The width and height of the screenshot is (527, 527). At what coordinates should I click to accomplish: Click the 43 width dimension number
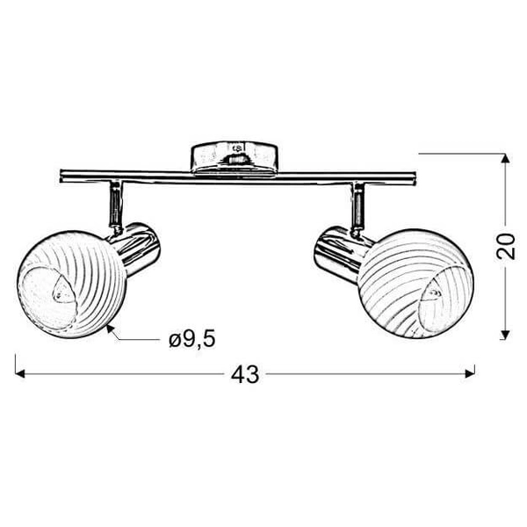[x=248, y=374]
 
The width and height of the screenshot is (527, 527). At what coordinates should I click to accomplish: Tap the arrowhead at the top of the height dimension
[x=504, y=160]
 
